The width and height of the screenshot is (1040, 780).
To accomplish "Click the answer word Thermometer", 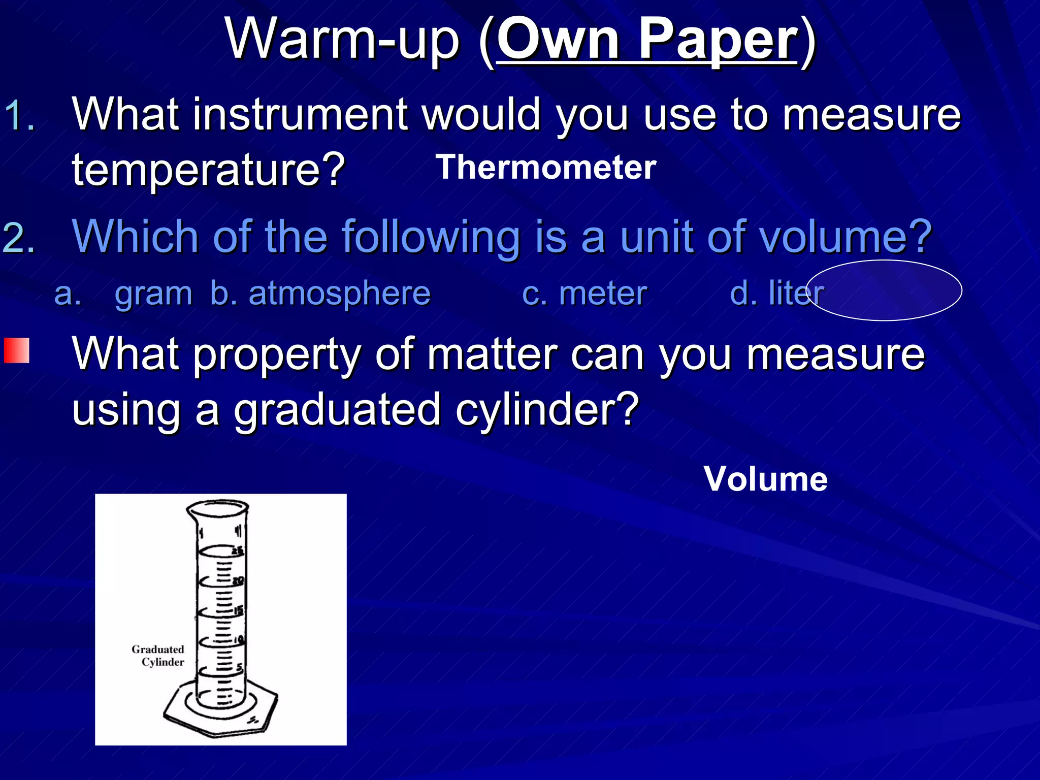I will pos(546,168).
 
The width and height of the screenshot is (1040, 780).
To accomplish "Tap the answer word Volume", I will pos(765,479).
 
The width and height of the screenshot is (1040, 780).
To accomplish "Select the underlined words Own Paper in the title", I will pos(646,40).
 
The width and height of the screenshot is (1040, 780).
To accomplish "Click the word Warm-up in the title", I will pos(343,40).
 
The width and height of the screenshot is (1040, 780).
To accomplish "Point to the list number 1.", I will pos(19,116).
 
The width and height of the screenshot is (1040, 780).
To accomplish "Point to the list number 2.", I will pos(19,238).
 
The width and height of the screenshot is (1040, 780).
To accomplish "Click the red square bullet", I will pos(17,350).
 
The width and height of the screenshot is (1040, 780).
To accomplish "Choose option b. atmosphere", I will pos(320,294).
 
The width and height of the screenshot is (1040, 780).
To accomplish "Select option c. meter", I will pos(584,294).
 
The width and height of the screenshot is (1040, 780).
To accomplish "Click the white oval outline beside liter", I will pos(885,262).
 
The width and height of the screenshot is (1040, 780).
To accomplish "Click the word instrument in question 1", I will pos(300,114).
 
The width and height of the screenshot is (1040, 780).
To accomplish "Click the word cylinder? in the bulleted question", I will pos(546,410).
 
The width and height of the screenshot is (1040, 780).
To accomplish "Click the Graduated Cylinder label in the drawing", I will pos(158,656).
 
